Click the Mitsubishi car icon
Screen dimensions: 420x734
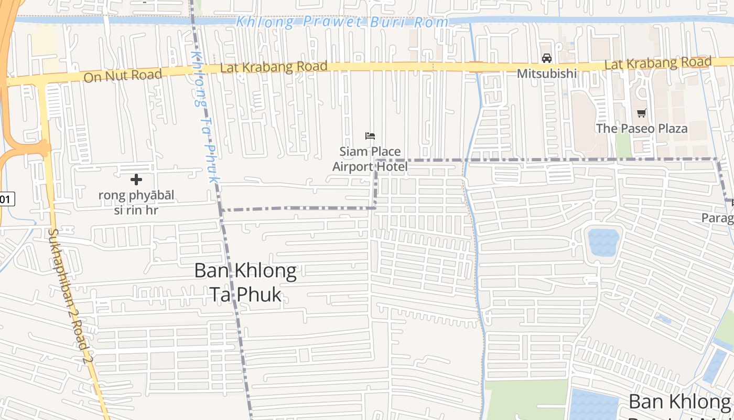[547, 58]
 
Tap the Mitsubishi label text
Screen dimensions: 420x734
[547, 73]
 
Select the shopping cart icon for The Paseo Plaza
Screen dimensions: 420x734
[641, 113]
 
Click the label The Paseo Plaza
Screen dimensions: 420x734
[641, 128]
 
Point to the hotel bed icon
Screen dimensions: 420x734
[370, 136]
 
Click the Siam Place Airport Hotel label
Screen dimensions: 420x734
[370, 159]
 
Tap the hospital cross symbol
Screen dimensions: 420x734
[136, 180]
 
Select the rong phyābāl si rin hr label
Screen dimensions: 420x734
[136, 203]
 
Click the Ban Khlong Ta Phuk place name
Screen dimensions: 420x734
[245, 282]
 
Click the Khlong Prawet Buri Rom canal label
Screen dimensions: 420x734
[342, 22]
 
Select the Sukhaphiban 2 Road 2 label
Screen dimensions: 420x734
[71, 297]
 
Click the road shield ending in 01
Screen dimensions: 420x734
[6, 199]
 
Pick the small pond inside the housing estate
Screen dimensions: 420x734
[603, 241]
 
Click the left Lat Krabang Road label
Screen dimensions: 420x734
[274, 67]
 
